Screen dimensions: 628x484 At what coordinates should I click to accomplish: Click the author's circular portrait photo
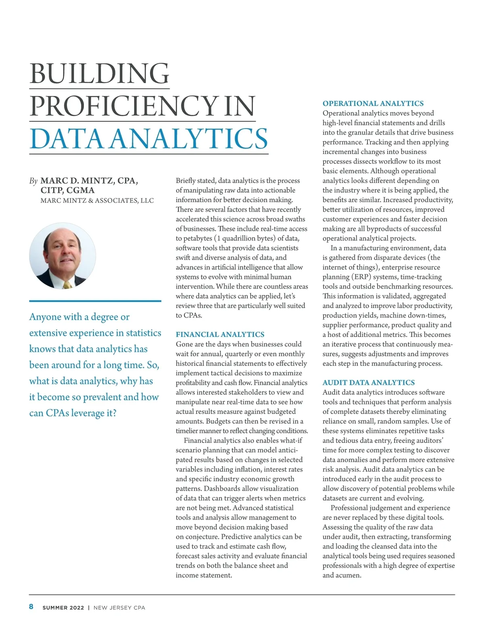(63, 256)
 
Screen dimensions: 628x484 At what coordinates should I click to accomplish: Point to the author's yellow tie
(67, 285)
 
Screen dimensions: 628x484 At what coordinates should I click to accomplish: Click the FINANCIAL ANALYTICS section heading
(220, 334)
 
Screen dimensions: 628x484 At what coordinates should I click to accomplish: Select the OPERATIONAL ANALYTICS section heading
(373, 103)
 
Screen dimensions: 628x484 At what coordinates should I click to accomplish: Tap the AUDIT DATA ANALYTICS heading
(368, 383)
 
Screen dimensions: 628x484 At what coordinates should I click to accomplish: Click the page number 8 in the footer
(31, 607)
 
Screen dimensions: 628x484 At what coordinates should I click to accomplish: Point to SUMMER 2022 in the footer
(63, 608)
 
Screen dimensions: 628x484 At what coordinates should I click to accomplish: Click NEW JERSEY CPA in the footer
(119, 608)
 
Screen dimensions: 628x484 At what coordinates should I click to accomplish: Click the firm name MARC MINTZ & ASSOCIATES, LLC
(97, 200)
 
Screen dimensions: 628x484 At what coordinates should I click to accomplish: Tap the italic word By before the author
(33, 181)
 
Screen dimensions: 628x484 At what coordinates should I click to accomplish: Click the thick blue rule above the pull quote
(95, 301)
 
